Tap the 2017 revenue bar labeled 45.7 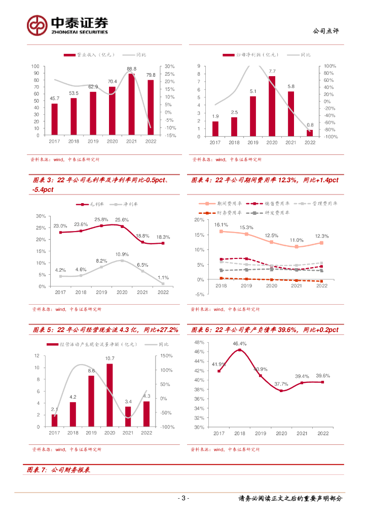click(x=54, y=119)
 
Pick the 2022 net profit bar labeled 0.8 click(x=310, y=133)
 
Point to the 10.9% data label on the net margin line click(x=122, y=254)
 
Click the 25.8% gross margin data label click(x=101, y=219)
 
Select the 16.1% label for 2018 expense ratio click(x=221, y=224)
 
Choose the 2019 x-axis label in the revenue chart click(x=93, y=142)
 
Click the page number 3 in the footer click(x=185, y=498)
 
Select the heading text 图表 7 click(x=36, y=471)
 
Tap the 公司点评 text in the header click(x=327, y=31)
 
